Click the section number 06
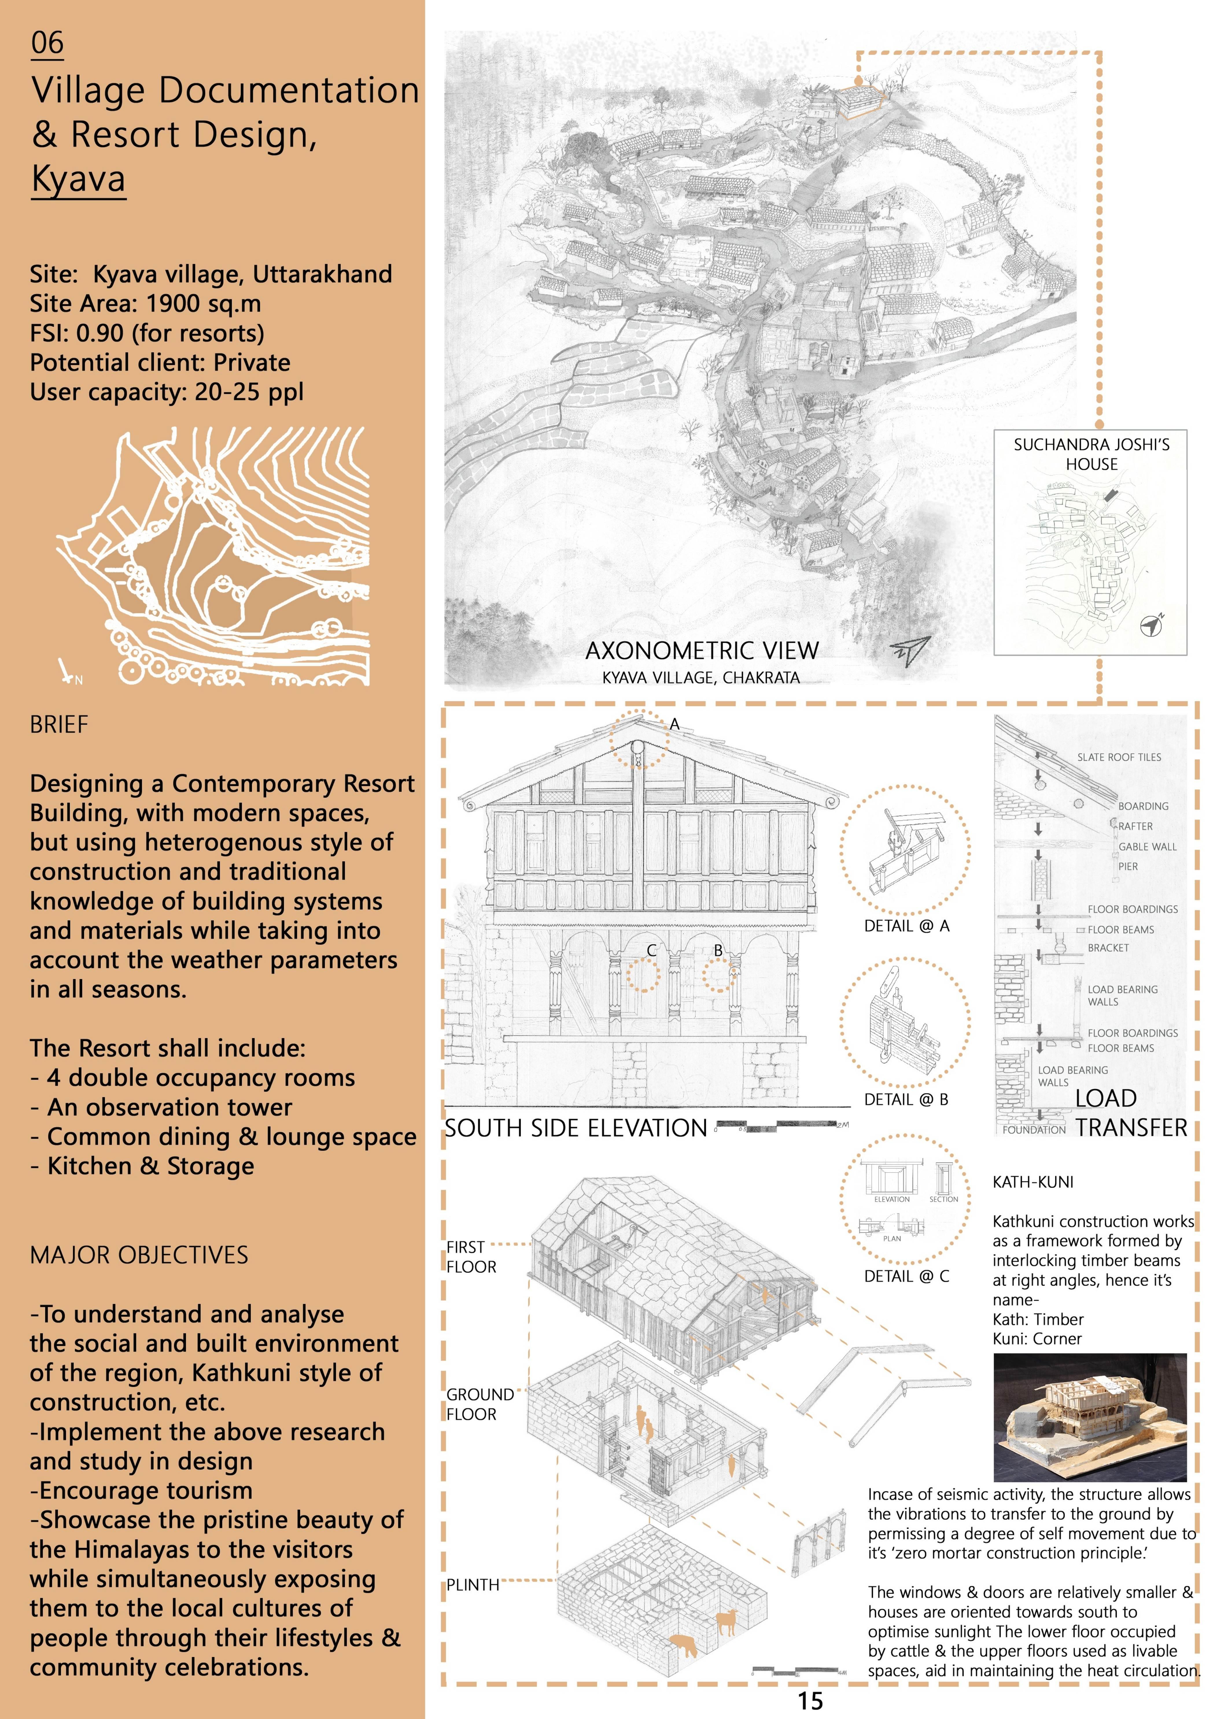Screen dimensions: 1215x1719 pos(47,43)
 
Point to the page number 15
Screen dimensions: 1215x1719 pos(810,1701)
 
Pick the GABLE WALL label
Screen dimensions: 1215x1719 pos(1147,847)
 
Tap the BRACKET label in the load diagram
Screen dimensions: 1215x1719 pos(1108,948)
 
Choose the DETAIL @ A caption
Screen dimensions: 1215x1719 pos(906,926)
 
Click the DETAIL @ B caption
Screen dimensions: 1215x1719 pos(906,1100)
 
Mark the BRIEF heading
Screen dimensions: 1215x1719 pos(59,725)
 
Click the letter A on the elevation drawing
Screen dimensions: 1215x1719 pos(674,724)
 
